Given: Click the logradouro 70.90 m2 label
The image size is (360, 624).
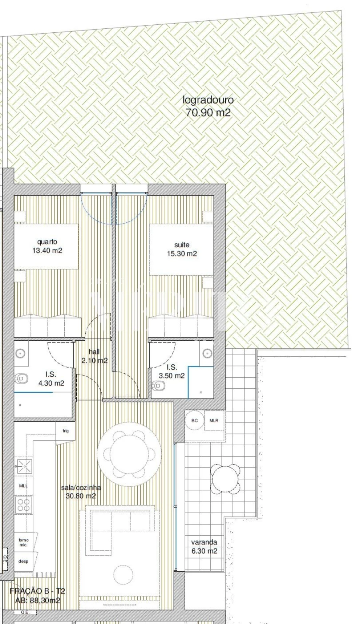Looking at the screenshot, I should pyautogui.click(x=208, y=106).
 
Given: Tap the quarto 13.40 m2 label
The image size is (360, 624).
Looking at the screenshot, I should pyautogui.click(x=48, y=246).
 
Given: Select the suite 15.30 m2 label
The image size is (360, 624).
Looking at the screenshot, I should pyautogui.click(x=182, y=249).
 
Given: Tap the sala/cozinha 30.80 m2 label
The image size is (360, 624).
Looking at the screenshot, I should pyautogui.click(x=81, y=492).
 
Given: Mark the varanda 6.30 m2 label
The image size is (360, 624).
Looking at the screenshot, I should pyautogui.click(x=204, y=547).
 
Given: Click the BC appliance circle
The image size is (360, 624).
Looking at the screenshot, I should pyautogui.click(x=195, y=421).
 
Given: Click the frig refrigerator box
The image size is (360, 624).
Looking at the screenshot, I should pyautogui.click(x=65, y=431).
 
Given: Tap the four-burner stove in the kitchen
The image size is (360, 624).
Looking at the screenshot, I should pyautogui.click(x=24, y=505).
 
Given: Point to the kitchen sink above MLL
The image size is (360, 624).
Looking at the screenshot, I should pyautogui.click(x=24, y=467).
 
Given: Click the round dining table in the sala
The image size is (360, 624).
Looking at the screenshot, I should pyautogui.click(x=129, y=453).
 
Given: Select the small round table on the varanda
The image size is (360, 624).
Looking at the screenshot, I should pyautogui.click(x=226, y=478).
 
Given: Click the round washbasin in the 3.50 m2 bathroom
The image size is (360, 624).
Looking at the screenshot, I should pyautogui.click(x=207, y=353).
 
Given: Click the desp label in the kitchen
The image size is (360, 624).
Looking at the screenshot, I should pyautogui.click(x=23, y=561).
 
